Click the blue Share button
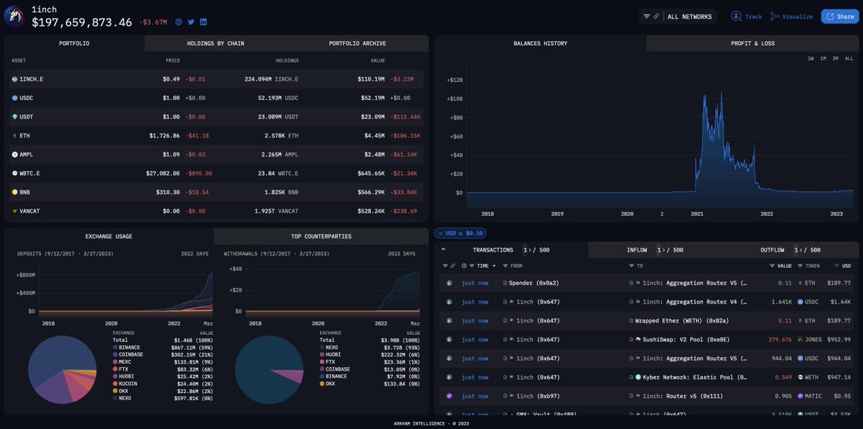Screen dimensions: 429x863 (840, 17)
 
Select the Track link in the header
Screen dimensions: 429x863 (747, 17)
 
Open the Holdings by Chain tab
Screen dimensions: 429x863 (215, 43)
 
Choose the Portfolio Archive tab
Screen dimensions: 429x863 (357, 43)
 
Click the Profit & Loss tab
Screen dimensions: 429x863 (753, 43)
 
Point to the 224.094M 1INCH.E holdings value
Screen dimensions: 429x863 (271, 79)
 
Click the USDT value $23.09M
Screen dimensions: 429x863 (373, 116)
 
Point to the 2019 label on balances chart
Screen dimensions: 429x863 (557, 213)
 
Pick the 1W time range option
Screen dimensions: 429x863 (811, 58)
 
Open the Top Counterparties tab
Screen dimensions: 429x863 (321, 236)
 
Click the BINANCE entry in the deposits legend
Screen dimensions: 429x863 (129, 346)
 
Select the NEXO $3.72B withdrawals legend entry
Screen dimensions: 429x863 (331, 346)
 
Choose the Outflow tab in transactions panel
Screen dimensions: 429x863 (772, 250)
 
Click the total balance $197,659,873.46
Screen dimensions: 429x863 (82, 22)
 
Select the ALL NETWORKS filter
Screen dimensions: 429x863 (689, 17)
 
